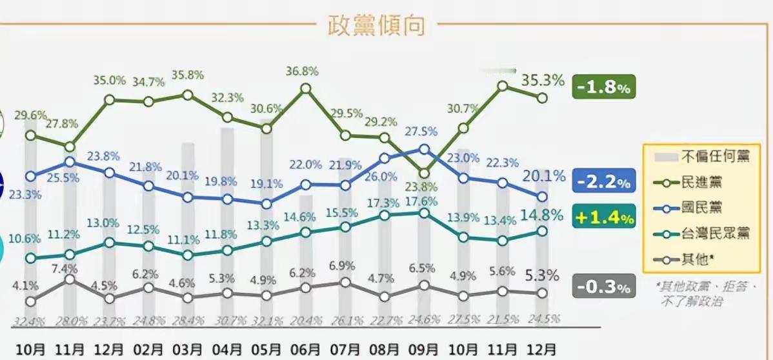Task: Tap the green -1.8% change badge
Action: coord(604,87)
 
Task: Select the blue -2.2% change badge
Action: coord(604,183)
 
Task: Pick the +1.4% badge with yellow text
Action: coord(604,218)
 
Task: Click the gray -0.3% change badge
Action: coord(604,287)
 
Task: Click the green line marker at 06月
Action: coord(306,88)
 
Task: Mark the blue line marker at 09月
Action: coord(424,149)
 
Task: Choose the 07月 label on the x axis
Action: coord(345,350)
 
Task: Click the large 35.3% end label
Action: coord(543,81)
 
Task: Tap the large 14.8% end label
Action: coord(543,215)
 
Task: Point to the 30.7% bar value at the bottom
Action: coord(227,318)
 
